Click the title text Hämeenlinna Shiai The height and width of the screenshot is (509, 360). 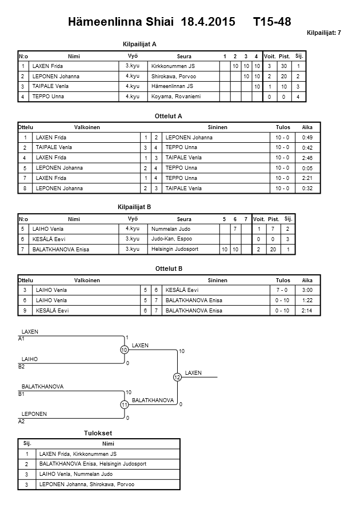tap(122, 22)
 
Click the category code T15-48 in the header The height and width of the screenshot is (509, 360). tap(272, 22)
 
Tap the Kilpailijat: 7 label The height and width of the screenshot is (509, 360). tap(324, 33)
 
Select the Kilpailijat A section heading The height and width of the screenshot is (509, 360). tap(140, 44)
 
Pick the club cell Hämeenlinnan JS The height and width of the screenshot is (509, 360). tap(172, 86)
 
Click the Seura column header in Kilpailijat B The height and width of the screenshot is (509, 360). tap(184, 219)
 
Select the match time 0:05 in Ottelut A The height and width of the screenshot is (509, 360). tap(307, 168)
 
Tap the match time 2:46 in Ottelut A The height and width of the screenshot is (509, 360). tap(307, 158)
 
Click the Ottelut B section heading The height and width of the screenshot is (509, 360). tap(169, 268)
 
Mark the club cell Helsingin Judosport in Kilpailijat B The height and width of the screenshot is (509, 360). tap(175, 249)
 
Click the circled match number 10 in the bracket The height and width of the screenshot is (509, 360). tap(124, 350)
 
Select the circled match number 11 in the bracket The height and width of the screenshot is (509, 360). tap(124, 405)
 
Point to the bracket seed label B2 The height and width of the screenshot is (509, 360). tap(22, 366)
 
